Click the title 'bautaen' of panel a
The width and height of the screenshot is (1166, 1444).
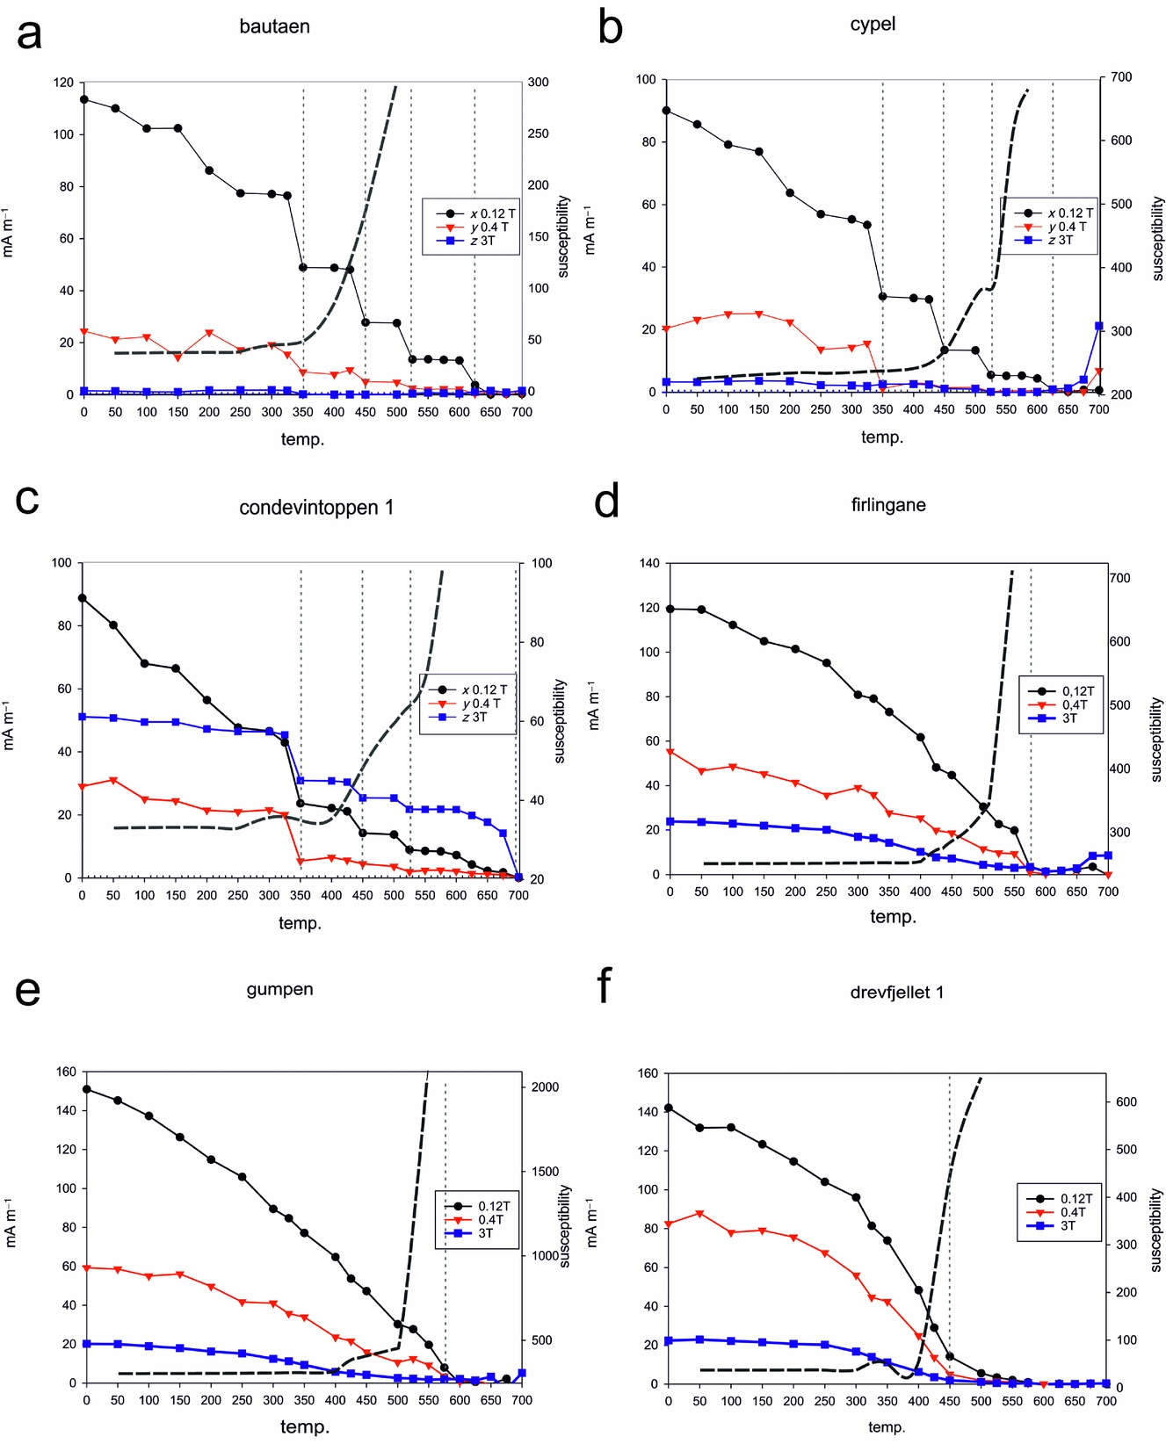point(274,26)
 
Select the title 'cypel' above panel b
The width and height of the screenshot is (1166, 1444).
point(873,24)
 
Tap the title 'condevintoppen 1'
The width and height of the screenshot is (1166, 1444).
point(316,507)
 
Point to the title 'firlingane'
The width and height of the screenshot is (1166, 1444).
point(888,505)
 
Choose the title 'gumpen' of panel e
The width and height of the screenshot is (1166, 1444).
point(279,989)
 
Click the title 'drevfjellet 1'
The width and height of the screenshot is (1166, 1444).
point(896,992)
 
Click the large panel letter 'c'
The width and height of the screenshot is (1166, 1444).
point(27,499)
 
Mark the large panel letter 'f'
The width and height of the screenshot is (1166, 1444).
point(604,986)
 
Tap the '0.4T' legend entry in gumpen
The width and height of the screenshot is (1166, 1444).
point(490,1220)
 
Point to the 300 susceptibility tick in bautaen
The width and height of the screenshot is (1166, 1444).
point(538,83)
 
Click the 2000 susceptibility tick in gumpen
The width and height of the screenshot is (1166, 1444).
point(545,1087)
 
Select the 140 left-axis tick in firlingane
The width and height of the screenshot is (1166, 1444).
point(649,563)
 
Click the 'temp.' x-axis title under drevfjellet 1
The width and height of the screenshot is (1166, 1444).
point(886,1427)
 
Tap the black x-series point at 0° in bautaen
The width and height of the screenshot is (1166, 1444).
point(84,99)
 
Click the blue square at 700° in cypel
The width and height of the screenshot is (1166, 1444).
point(1099,326)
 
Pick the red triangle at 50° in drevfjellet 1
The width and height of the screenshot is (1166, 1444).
point(699,1214)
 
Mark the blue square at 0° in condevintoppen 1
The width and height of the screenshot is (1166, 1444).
point(83,717)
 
